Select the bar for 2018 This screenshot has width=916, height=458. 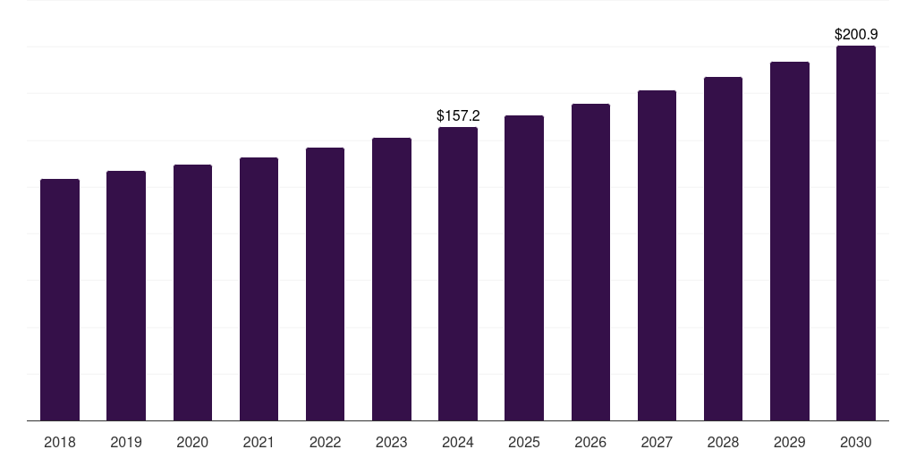(60, 300)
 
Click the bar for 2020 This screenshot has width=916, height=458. (192, 293)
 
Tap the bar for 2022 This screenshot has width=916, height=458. (325, 284)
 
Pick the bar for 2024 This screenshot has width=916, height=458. (458, 274)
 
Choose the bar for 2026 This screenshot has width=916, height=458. (590, 262)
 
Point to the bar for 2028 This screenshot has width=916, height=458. (723, 249)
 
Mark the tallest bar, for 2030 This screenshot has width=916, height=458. (856, 233)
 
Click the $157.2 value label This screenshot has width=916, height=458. (458, 116)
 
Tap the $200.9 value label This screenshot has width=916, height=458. (856, 35)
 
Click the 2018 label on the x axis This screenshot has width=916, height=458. (60, 442)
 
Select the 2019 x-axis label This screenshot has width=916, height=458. (126, 442)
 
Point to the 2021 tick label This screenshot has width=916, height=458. (259, 442)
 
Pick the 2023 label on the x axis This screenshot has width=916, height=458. (391, 442)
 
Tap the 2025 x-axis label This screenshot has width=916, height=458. (524, 442)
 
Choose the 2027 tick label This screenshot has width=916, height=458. (657, 442)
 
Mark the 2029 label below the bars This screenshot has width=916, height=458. (789, 442)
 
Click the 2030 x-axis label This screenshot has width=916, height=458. (856, 442)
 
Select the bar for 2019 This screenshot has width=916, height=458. (126, 295)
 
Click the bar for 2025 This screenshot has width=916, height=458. (524, 267)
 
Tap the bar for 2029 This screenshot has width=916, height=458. (789, 241)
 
